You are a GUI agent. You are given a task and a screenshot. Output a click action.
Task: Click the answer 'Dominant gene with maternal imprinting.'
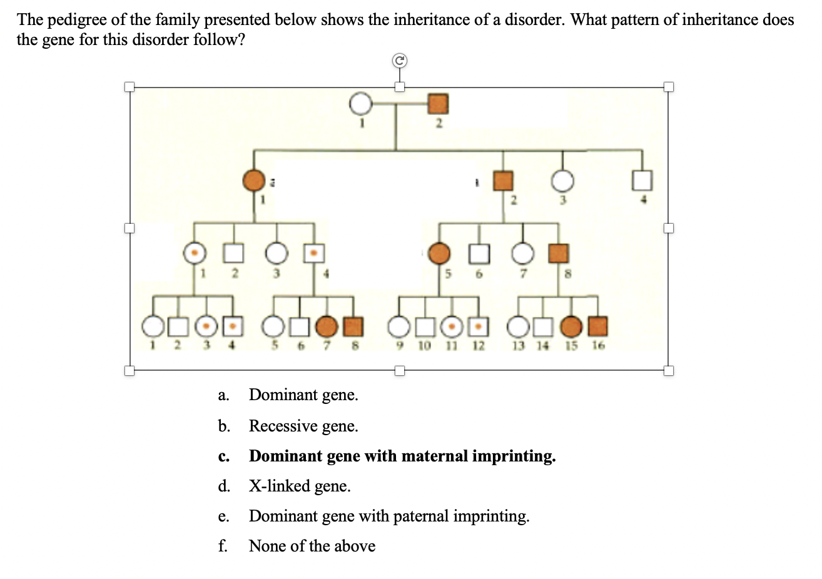402,456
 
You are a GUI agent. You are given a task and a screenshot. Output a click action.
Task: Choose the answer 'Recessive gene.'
303,426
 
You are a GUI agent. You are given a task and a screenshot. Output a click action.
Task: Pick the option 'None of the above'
312,546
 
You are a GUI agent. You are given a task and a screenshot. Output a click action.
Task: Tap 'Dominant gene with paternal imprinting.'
388,516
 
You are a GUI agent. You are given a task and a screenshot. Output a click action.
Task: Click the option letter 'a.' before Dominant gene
223,395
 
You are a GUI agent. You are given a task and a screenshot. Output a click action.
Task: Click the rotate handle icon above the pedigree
400,61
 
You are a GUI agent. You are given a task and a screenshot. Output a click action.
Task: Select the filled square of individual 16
598,326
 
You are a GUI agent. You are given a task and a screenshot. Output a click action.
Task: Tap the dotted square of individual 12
478,326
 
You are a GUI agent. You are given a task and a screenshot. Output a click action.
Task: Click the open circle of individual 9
398,326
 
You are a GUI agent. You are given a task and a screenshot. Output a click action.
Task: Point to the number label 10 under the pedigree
424,345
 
